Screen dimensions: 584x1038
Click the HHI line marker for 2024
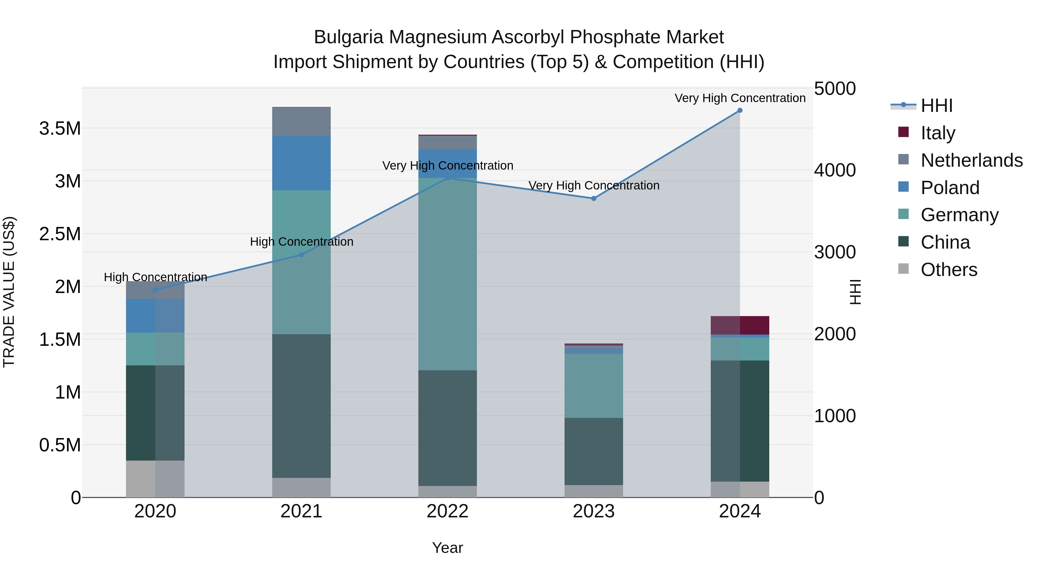[740, 110]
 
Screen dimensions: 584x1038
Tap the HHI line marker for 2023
[594, 198]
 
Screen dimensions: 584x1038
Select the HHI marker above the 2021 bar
[301, 255]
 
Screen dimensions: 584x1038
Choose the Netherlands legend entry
[971, 160]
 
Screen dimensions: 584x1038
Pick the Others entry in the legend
[949, 270]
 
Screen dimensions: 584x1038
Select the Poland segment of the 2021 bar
[301, 163]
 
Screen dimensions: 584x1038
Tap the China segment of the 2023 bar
[594, 451]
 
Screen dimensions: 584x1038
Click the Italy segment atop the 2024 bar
[740, 325]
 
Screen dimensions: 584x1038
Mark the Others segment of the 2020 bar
[155, 479]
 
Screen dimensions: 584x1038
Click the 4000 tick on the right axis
[834, 170]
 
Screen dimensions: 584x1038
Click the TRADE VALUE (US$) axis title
[9, 292]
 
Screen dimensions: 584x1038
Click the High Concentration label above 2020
[155, 277]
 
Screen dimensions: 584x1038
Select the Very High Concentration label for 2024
[740, 98]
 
